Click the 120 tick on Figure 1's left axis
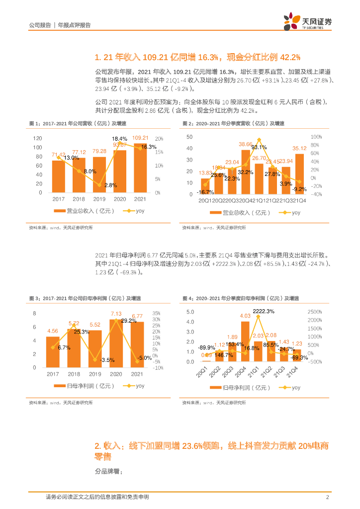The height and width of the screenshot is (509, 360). (x=38, y=138)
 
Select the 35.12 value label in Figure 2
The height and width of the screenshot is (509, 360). (x=299, y=148)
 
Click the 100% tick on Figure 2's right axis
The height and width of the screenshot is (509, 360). (x=316, y=137)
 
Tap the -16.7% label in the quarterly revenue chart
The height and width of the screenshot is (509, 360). (x=204, y=192)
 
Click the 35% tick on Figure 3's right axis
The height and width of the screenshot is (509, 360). (x=156, y=313)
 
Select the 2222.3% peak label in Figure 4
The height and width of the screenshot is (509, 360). (x=264, y=312)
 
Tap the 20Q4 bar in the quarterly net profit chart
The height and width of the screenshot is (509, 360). (x=245, y=341)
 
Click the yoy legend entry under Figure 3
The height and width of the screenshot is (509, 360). (x=135, y=386)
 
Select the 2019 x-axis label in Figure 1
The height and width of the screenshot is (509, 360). (x=99, y=199)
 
